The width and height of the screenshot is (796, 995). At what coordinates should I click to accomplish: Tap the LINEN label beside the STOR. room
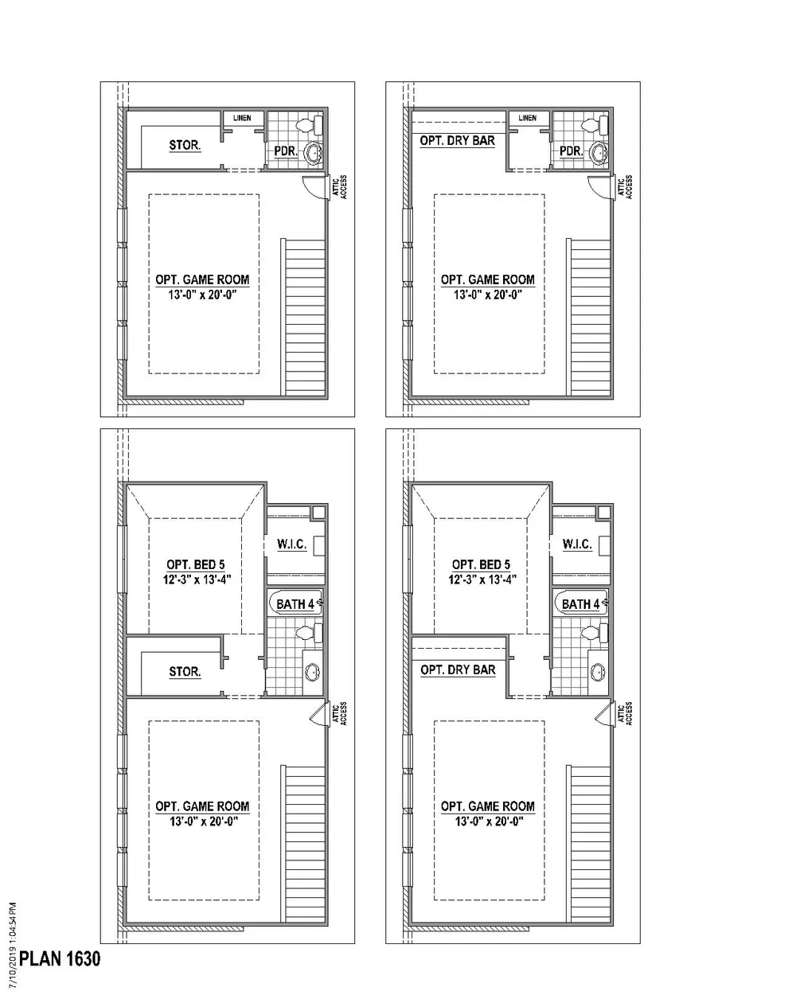click(x=242, y=118)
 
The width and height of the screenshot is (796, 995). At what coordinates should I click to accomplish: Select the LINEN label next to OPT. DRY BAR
click(x=527, y=118)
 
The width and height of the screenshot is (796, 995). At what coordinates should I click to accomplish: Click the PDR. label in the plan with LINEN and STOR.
click(x=286, y=151)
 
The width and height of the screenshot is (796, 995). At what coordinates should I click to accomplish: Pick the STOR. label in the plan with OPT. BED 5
click(x=185, y=671)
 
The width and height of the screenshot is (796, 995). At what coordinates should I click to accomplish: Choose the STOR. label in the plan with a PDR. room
click(x=185, y=145)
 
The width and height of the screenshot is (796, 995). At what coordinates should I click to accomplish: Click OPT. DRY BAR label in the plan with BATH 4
click(x=458, y=669)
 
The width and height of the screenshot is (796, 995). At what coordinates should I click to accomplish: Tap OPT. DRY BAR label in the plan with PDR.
click(x=458, y=141)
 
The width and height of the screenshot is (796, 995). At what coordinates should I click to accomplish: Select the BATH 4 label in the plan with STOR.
click(x=295, y=604)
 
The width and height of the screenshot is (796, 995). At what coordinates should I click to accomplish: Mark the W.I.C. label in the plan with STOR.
click(x=292, y=544)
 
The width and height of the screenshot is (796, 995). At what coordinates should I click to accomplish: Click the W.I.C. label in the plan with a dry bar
click(x=577, y=544)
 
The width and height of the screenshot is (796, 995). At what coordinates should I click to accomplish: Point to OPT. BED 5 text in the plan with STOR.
click(x=196, y=564)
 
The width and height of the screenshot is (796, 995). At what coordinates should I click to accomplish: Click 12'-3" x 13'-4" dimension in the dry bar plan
click(x=482, y=579)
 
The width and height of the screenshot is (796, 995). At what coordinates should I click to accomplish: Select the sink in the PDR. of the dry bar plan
click(x=599, y=153)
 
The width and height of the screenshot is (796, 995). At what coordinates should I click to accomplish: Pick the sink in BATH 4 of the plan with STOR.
click(x=313, y=672)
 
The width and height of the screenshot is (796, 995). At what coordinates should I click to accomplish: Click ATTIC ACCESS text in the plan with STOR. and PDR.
click(x=339, y=187)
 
